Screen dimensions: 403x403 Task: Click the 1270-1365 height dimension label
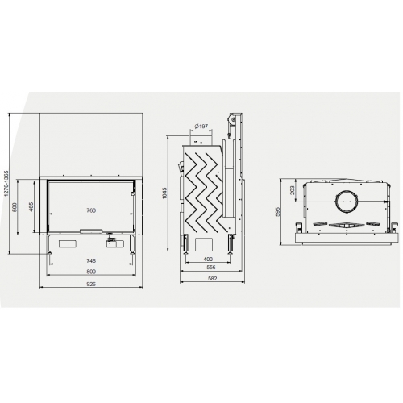point(6,183)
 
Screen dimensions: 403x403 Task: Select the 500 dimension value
point(15,207)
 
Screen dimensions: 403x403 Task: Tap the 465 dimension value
point(31,207)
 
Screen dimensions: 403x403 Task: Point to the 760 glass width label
point(91,210)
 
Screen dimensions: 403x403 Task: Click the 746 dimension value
point(91,260)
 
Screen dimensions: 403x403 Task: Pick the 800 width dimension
point(91,272)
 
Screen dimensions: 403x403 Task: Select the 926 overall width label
point(91,284)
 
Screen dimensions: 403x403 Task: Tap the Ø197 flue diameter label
point(201,126)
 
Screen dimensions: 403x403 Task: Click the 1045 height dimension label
point(165,193)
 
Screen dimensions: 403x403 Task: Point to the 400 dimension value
point(208,259)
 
